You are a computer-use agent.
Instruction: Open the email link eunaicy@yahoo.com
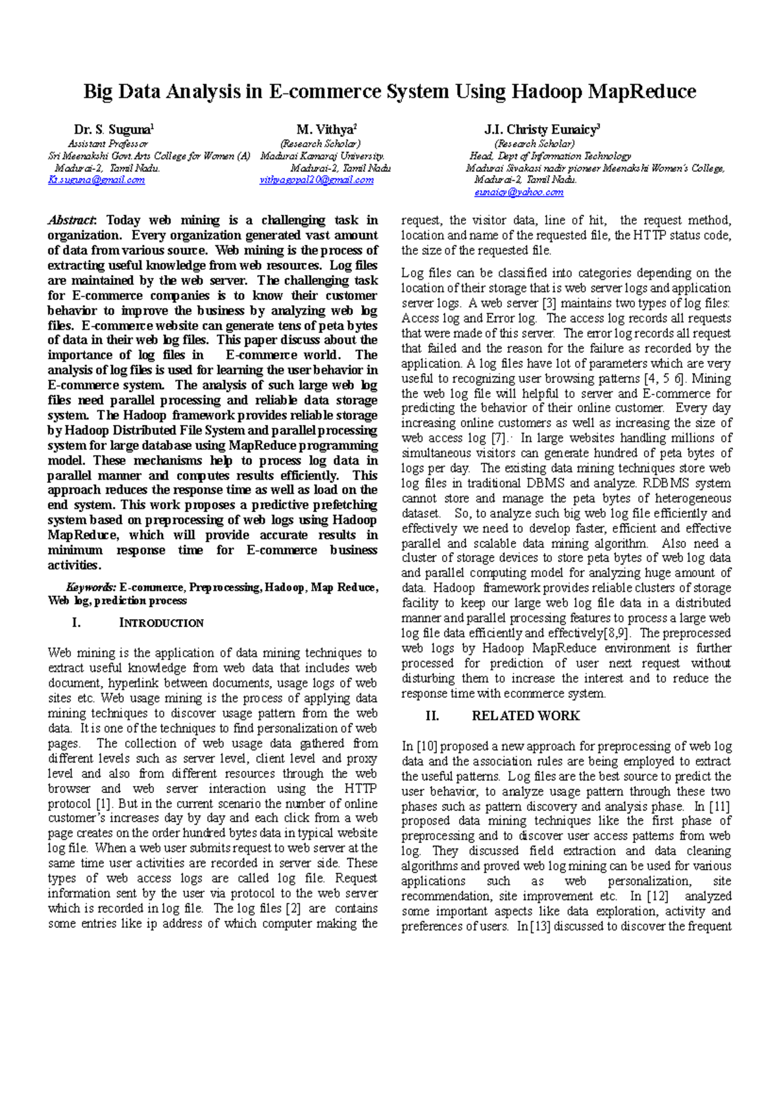[x=519, y=192]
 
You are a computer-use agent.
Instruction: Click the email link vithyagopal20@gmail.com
[x=316, y=180]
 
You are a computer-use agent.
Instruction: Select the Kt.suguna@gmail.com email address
[x=96, y=180]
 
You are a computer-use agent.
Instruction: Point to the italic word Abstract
[x=71, y=221]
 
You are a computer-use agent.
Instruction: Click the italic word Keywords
[x=91, y=587]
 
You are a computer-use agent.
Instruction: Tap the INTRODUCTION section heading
[x=161, y=623]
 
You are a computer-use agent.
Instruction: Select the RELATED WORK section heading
[x=525, y=716]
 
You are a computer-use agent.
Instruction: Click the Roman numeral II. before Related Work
[x=432, y=716]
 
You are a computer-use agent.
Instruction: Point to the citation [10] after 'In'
[x=427, y=746]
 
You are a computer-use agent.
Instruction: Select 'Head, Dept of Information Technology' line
[x=550, y=156]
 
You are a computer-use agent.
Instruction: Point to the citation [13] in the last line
[x=540, y=926]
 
